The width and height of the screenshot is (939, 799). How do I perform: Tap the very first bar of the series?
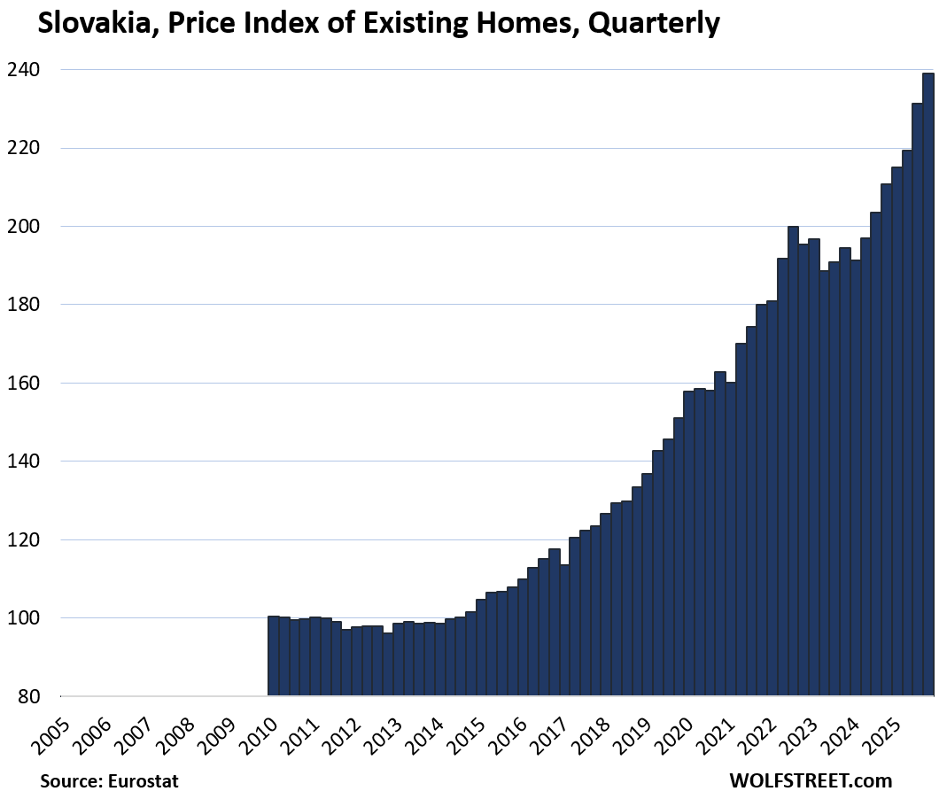point(274,655)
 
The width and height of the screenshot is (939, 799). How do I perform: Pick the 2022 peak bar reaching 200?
point(793,461)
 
